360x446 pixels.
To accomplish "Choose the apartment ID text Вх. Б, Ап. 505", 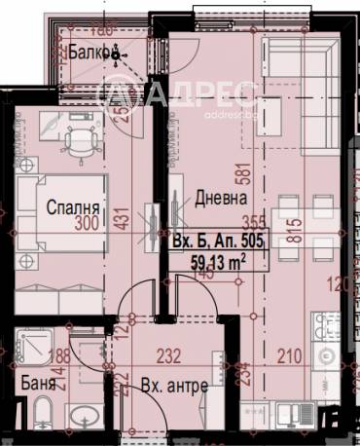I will tap(215, 240).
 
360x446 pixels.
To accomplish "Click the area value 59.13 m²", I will tap(216, 260).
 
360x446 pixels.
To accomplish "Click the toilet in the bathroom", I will tap(87, 352).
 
